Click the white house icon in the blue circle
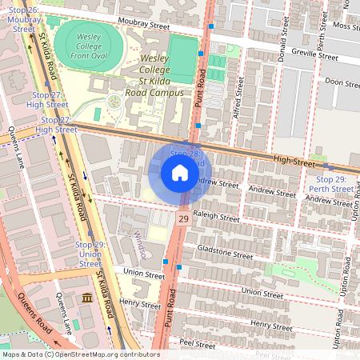[x=180, y=173]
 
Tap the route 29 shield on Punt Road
[x=183, y=218]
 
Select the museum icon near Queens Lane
[x=86, y=298]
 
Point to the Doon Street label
[x=342, y=83]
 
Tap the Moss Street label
[x=346, y=26]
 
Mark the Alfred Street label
[x=237, y=104]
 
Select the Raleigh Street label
[x=217, y=218]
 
